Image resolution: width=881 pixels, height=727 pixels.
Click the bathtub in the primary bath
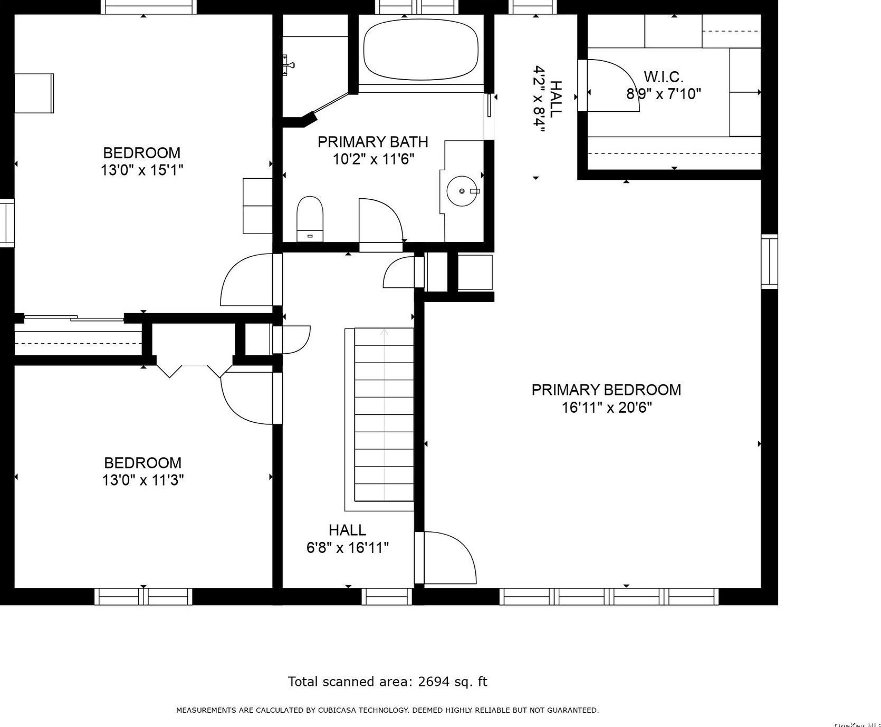[x=421, y=50]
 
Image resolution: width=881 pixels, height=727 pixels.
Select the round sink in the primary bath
[x=462, y=191]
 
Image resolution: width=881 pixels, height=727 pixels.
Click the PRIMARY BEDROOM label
[x=606, y=390]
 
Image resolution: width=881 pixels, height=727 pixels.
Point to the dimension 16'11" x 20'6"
[x=607, y=408]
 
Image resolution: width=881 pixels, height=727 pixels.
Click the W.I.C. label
[x=663, y=77]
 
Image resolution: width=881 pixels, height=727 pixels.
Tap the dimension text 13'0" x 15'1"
[x=141, y=170]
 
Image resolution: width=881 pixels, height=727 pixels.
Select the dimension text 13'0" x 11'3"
[x=142, y=480]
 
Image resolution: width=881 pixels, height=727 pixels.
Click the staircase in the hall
[x=384, y=414]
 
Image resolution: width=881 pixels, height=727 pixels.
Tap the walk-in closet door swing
[x=612, y=85]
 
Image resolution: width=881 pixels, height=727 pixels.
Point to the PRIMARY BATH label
[x=372, y=142]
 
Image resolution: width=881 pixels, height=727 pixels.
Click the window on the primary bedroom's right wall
[x=769, y=261]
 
